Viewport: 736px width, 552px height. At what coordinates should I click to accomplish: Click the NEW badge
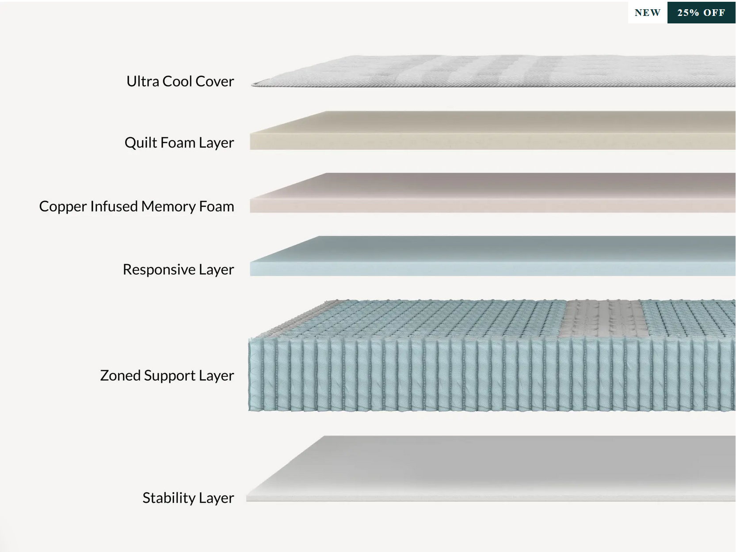tap(647, 13)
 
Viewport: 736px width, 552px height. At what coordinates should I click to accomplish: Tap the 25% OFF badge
tap(701, 13)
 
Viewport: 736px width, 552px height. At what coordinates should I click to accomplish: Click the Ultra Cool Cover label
tap(180, 81)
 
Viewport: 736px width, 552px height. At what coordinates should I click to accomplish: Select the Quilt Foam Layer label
tap(179, 143)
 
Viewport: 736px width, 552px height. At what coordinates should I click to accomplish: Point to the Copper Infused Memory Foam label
tap(137, 206)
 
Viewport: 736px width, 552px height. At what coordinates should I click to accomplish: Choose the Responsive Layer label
tap(178, 269)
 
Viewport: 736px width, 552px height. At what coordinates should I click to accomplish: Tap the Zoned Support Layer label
tap(167, 375)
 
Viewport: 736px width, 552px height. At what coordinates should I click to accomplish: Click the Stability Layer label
tap(188, 498)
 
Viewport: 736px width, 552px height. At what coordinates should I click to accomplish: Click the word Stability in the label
tap(169, 498)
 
